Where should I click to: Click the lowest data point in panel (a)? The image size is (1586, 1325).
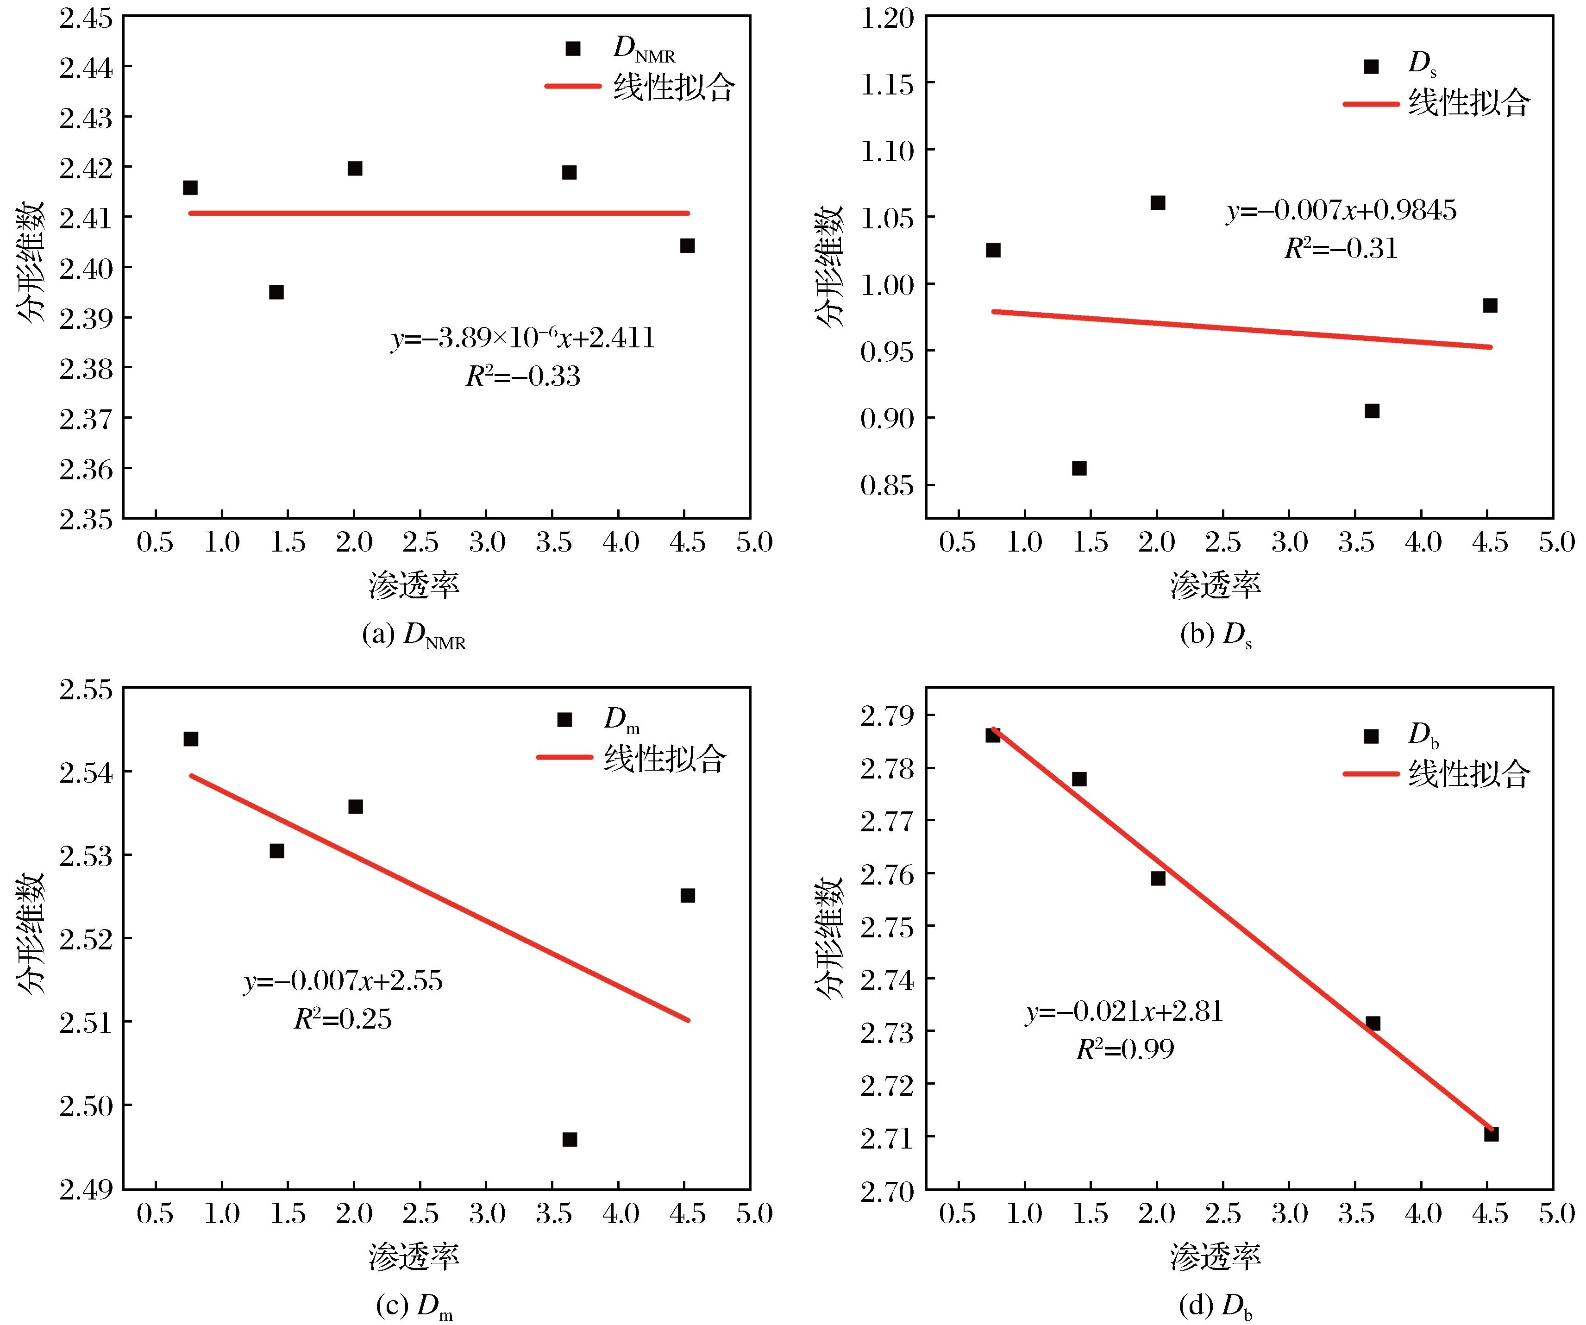pyautogui.click(x=276, y=292)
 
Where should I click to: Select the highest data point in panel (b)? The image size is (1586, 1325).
pyautogui.click(x=1158, y=202)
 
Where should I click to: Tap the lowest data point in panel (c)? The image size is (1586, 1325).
pyautogui.click(x=570, y=1139)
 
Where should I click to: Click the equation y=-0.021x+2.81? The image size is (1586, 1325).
pyautogui.click(x=1124, y=1011)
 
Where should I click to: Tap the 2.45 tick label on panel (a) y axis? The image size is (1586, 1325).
pyautogui.click(x=85, y=17)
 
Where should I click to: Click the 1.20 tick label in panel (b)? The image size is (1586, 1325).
pyautogui.click(x=887, y=17)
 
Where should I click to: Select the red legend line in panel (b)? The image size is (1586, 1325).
pyautogui.click(x=1371, y=103)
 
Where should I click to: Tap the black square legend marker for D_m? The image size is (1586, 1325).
pyautogui.click(x=564, y=719)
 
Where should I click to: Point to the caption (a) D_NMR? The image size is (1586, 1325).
pyautogui.click(x=414, y=635)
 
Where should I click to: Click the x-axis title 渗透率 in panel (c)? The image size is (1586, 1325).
pyautogui.click(x=414, y=1256)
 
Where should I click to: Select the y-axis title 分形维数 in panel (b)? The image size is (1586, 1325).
pyautogui.click(x=829, y=267)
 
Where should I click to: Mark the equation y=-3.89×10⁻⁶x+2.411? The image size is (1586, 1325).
pyautogui.click(x=523, y=339)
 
